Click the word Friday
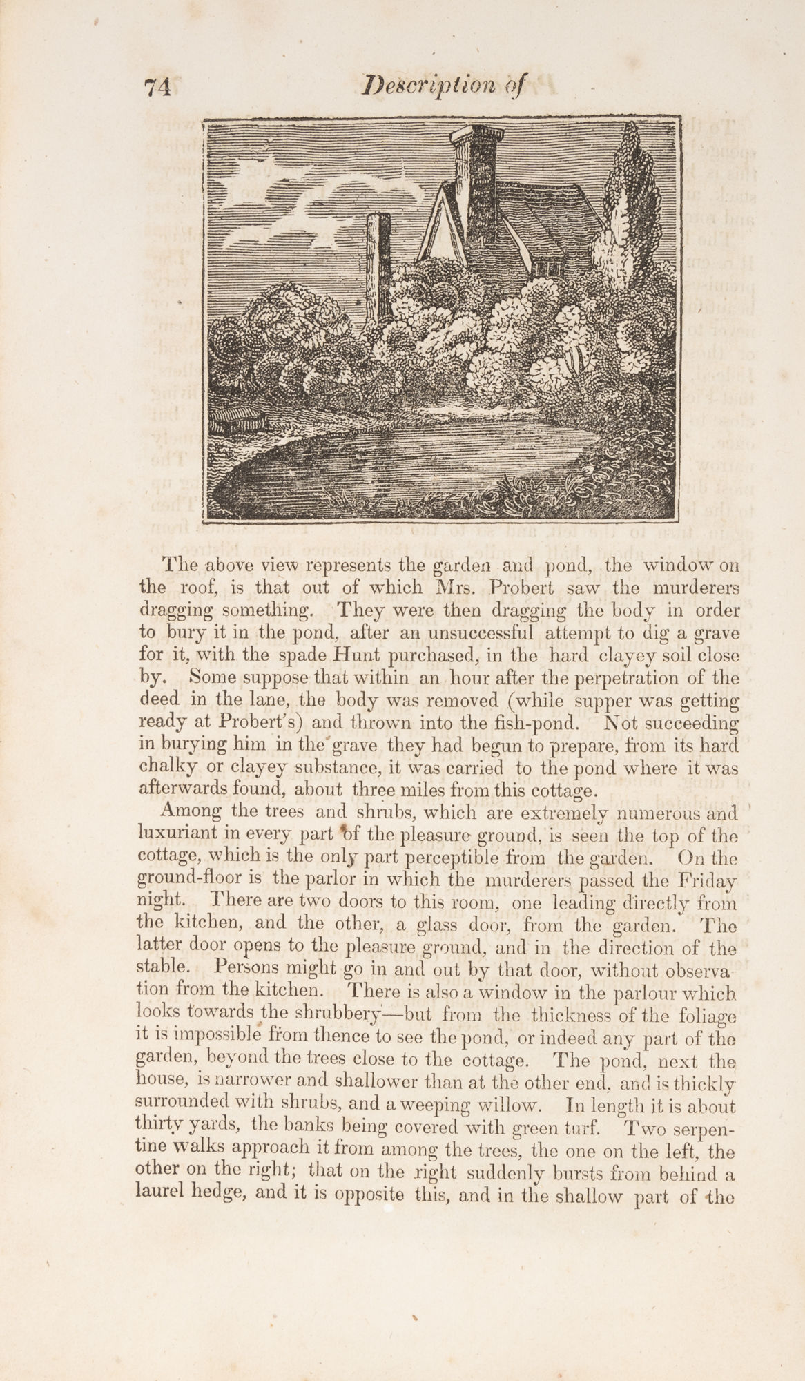[x=706, y=881]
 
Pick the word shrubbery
[x=333, y=1015]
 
